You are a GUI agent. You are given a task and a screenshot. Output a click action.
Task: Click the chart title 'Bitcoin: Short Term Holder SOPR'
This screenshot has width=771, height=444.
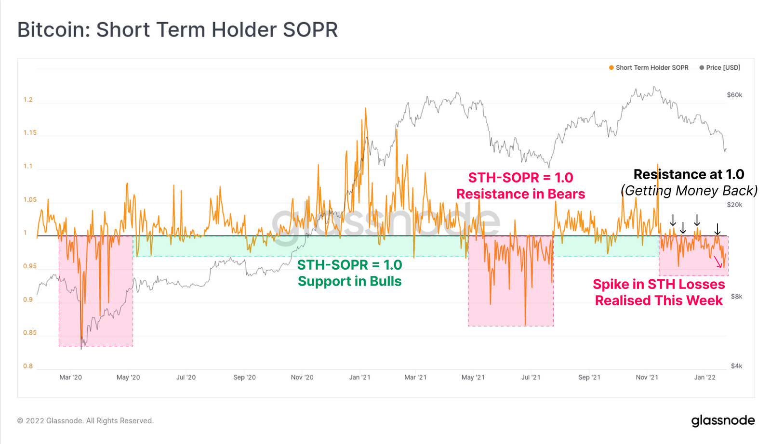pos(177,30)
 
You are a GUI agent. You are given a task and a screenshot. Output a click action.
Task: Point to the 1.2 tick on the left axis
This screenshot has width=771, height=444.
pos(28,100)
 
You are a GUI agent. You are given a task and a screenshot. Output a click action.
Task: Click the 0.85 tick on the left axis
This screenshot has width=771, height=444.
pos(30,333)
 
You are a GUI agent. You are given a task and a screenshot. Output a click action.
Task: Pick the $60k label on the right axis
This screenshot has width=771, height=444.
pos(734,95)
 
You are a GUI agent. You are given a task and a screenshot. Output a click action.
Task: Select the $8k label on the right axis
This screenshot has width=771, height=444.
pos(736,297)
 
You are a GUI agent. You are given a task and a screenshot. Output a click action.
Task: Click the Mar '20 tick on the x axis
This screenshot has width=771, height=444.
pos(70,378)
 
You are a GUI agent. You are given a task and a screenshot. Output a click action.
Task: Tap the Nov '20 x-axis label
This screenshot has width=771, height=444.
pos(302,378)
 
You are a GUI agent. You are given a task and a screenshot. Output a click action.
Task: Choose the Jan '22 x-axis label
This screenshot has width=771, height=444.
pos(705,378)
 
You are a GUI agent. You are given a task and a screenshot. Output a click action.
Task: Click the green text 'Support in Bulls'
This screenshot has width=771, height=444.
pos(349,281)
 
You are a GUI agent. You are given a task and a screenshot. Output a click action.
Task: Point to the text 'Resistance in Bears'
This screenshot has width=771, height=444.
pos(520,194)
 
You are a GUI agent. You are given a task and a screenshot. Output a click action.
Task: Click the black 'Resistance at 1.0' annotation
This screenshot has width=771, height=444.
pos(689,174)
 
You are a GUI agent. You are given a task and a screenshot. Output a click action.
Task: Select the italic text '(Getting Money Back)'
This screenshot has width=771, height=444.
pos(689,191)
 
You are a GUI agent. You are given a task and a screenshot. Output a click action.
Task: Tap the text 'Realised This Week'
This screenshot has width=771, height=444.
pos(659,300)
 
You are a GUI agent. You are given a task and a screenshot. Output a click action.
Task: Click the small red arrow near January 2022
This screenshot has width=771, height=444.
pos(718,261)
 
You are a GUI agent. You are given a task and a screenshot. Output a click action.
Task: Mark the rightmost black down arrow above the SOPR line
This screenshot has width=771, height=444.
pos(718,229)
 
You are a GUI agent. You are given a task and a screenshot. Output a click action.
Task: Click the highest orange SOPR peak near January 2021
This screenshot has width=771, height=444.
pos(365,108)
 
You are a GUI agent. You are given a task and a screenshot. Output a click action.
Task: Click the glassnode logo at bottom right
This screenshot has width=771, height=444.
pos(723,420)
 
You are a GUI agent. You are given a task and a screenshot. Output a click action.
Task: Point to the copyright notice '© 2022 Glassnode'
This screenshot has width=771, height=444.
pos(85,421)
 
